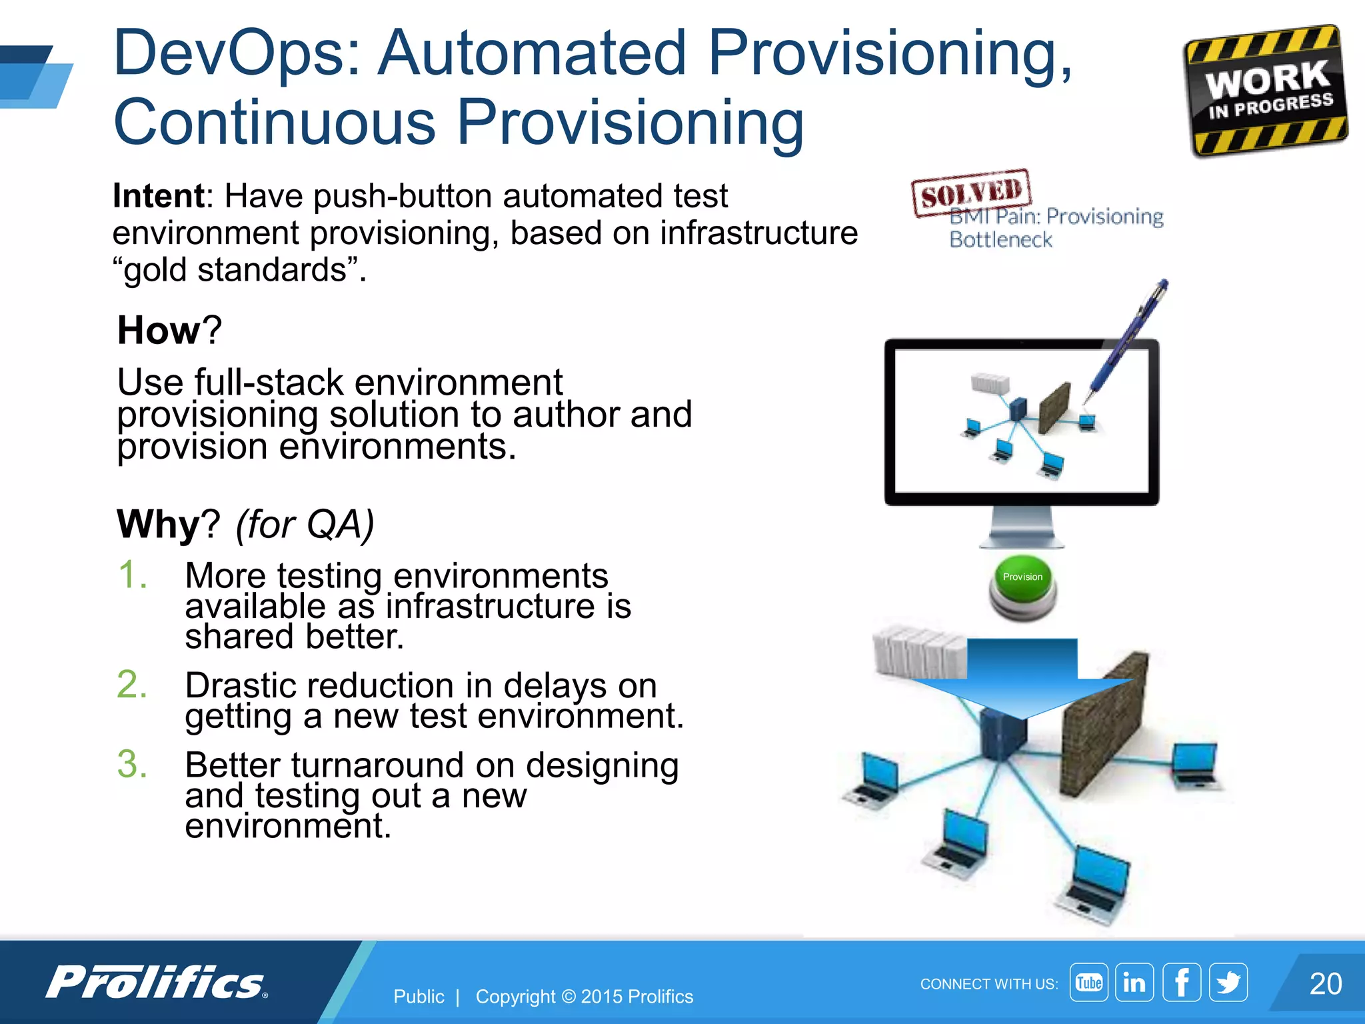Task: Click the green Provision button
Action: [x=1022, y=587]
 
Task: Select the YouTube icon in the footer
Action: [x=1088, y=982]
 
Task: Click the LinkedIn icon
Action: [x=1134, y=982]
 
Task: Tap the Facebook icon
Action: [x=1181, y=982]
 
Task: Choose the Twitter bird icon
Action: [x=1228, y=982]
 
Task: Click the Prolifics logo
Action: [x=157, y=982]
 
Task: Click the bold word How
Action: [x=159, y=330]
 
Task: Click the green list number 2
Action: [x=132, y=685]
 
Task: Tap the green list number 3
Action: [x=132, y=764]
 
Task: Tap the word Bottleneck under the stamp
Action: [x=1000, y=239]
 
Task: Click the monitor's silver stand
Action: [x=1021, y=527]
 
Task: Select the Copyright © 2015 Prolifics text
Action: [x=584, y=997]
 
